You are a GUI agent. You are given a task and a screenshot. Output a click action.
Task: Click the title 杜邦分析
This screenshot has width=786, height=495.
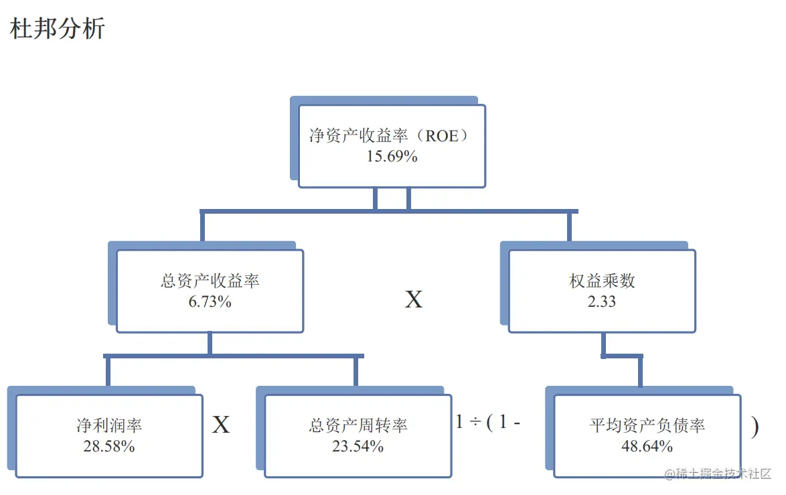point(58,29)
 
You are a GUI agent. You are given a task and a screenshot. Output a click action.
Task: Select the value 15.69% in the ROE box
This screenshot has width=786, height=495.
point(392,156)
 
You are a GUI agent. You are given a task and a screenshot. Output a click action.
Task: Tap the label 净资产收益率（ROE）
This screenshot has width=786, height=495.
point(392,136)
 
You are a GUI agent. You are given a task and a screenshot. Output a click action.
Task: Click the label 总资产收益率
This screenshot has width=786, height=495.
point(210,281)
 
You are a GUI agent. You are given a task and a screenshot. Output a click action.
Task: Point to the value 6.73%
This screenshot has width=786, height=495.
point(210,301)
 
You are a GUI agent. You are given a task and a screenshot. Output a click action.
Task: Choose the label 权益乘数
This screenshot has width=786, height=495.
point(602,281)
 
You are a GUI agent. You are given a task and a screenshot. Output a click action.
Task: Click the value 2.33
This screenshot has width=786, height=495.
point(602,301)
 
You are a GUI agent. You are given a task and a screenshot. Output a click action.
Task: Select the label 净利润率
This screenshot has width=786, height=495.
point(109,425)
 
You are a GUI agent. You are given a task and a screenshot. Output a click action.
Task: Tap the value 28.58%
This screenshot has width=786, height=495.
point(109,446)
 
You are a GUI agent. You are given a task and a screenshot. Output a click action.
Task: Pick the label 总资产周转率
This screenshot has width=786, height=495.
point(358,425)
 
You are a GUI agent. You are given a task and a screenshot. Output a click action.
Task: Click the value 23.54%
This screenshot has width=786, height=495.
point(358,446)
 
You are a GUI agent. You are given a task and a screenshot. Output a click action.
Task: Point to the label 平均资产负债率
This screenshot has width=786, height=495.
point(647,425)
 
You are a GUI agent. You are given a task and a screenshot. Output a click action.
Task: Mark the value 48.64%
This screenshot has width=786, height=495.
point(647,446)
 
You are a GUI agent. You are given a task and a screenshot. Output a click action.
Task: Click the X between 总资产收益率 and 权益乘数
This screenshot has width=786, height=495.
point(414,300)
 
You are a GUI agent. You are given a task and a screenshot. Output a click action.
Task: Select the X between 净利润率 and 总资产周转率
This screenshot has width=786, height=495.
point(221,425)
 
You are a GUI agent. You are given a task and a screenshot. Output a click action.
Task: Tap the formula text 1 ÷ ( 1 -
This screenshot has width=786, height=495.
point(488,423)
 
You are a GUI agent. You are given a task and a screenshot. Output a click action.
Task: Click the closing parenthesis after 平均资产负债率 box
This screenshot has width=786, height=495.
point(755,426)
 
